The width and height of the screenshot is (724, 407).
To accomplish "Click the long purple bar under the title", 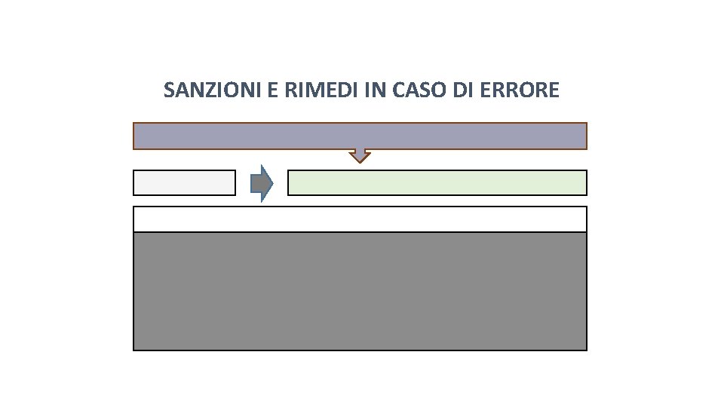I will (x=360, y=136).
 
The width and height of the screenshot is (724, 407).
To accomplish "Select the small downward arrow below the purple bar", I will (x=360, y=155).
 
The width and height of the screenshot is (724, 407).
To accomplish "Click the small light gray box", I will (x=184, y=183).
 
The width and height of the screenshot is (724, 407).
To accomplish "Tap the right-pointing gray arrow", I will (x=260, y=183).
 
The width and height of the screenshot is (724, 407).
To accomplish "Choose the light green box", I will (x=437, y=183).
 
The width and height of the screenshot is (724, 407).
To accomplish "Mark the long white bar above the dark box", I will (x=360, y=219).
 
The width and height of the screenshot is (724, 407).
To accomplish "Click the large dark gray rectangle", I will (x=360, y=291).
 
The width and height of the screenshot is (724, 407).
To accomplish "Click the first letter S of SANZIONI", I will (x=169, y=91).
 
